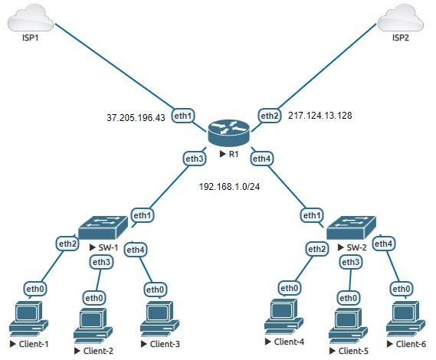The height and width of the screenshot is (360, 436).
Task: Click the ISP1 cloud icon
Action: tap(30, 17)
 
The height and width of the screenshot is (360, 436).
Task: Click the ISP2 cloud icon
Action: tap(400, 17)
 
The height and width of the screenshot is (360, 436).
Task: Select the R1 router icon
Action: tap(228, 133)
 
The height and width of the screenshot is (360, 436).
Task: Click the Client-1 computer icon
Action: tap(29, 321)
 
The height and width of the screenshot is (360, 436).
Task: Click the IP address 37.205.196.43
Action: tap(136, 119)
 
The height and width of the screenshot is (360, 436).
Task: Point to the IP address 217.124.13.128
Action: tap(320, 116)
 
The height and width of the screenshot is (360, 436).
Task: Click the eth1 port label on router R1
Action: tap(182, 116)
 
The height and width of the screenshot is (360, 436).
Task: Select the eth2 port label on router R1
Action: tap(270, 116)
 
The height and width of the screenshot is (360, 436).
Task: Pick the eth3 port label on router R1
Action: tap(195, 159)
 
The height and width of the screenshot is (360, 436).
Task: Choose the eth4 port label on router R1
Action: tap(262, 159)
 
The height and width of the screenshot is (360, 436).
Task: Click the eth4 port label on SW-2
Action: tap(385, 244)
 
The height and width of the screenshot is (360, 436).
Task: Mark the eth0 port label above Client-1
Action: tap(35, 289)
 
